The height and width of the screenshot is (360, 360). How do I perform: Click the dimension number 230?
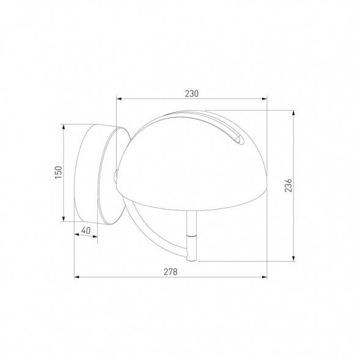click(x=192, y=94)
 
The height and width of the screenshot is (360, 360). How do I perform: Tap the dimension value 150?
click(x=58, y=173)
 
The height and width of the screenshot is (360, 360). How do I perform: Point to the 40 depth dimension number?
click(x=86, y=230)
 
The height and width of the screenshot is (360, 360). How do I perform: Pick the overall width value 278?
click(x=171, y=272)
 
